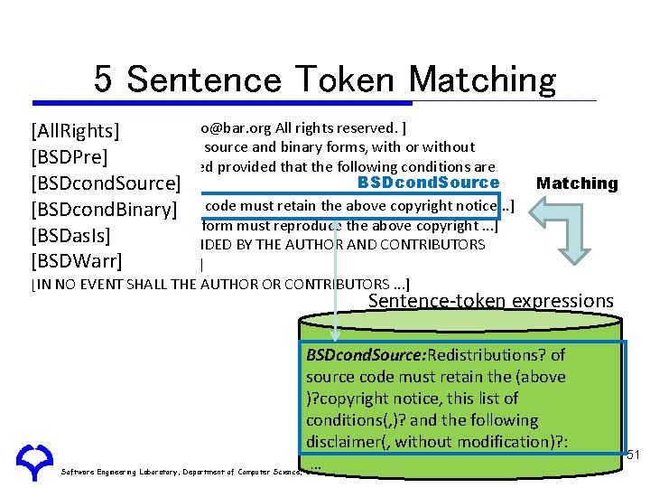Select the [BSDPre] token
click(x=70, y=157)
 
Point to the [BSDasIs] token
click(x=70, y=236)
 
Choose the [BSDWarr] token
click(x=76, y=262)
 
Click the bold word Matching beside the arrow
click(x=577, y=183)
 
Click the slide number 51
click(x=633, y=455)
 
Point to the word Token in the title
click(x=347, y=80)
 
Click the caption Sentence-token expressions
click(x=491, y=301)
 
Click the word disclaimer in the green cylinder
click(x=343, y=441)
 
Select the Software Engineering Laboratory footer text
click(x=181, y=471)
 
